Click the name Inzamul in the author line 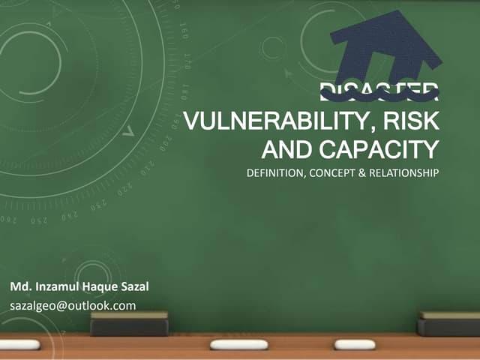click(x=60, y=287)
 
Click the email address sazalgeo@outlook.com click(x=73, y=305)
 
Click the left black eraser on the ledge click(x=129, y=324)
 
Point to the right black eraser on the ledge click(x=448, y=324)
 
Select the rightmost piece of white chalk click(x=355, y=344)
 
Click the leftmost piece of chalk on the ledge click(x=20, y=344)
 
